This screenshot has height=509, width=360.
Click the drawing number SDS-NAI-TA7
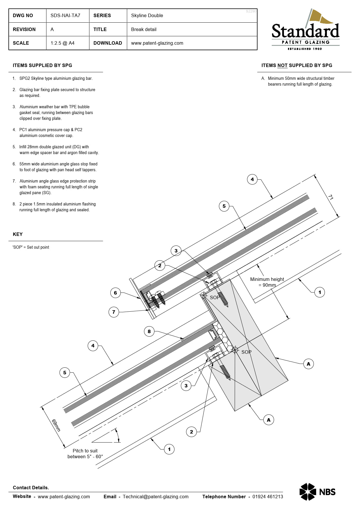(x=65, y=16)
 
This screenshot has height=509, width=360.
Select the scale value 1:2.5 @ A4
(x=62, y=43)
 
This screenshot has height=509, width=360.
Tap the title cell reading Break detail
(x=144, y=29)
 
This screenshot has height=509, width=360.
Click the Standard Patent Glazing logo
(x=305, y=30)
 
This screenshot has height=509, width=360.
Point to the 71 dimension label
(x=331, y=197)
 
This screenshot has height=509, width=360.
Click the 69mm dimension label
(x=56, y=425)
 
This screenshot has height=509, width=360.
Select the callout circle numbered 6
(x=115, y=293)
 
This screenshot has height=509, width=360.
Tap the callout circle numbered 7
(x=114, y=312)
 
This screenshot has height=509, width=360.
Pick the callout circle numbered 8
(x=149, y=331)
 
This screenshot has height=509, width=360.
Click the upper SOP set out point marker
(x=204, y=295)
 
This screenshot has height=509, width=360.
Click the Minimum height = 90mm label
(x=267, y=282)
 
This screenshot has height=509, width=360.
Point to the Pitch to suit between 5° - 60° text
(x=85, y=454)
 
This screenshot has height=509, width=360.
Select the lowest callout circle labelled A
(x=269, y=420)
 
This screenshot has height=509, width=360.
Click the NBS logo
(x=317, y=492)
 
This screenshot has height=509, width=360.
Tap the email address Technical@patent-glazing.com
(x=156, y=497)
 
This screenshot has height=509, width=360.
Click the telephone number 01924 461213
(x=267, y=497)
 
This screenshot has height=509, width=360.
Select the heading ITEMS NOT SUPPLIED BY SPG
(x=297, y=66)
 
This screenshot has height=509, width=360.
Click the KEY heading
(x=18, y=234)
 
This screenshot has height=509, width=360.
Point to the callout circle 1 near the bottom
(x=169, y=449)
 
